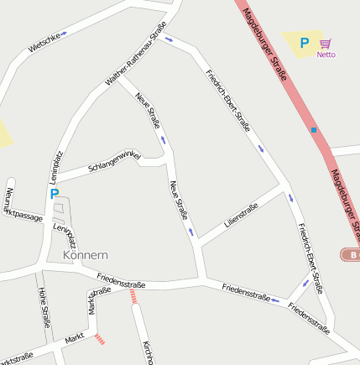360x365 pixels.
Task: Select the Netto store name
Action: point(326,55)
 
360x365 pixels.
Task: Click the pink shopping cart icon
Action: point(326,43)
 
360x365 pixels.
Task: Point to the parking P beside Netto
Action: point(304,42)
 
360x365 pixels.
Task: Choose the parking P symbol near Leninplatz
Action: point(55,194)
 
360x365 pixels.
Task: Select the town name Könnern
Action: point(85,253)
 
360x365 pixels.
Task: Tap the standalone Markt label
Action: point(76,340)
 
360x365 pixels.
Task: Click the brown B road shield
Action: point(351,253)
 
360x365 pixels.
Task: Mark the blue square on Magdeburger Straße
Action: point(314,130)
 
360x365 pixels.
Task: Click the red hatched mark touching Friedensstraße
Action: point(133,295)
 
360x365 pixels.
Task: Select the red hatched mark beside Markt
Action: point(101,339)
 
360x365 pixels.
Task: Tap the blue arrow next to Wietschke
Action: point(63,34)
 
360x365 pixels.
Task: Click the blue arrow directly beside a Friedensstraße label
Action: point(275,300)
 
